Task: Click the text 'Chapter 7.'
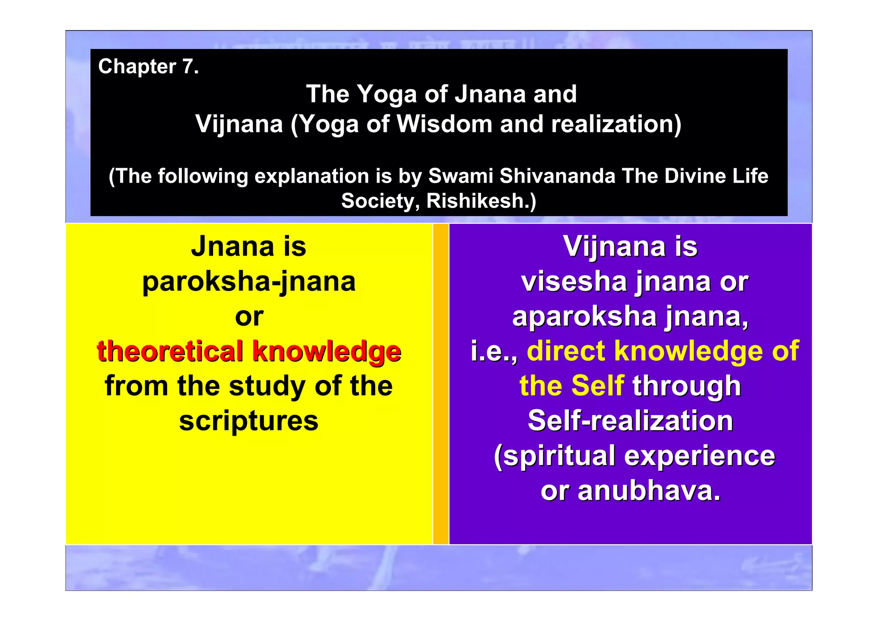pyautogui.click(x=148, y=66)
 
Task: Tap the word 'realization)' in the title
pyautogui.click(x=616, y=124)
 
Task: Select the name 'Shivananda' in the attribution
pyautogui.click(x=557, y=176)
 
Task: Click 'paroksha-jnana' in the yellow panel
pyautogui.click(x=249, y=282)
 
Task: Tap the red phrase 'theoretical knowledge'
pyautogui.click(x=249, y=351)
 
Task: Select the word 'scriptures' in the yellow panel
pyautogui.click(x=249, y=421)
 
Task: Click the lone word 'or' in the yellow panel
pyautogui.click(x=249, y=317)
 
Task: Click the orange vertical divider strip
pyautogui.click(x=441, y=384)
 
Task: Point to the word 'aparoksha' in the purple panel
pyautogui.click(x=584, y=317)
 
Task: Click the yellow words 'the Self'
pyautogui.click(x=571, y=386)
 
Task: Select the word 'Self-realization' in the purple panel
pyautogui.click(x=630, y=421)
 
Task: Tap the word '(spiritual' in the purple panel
pyautogui.click(x=555, y=455)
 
